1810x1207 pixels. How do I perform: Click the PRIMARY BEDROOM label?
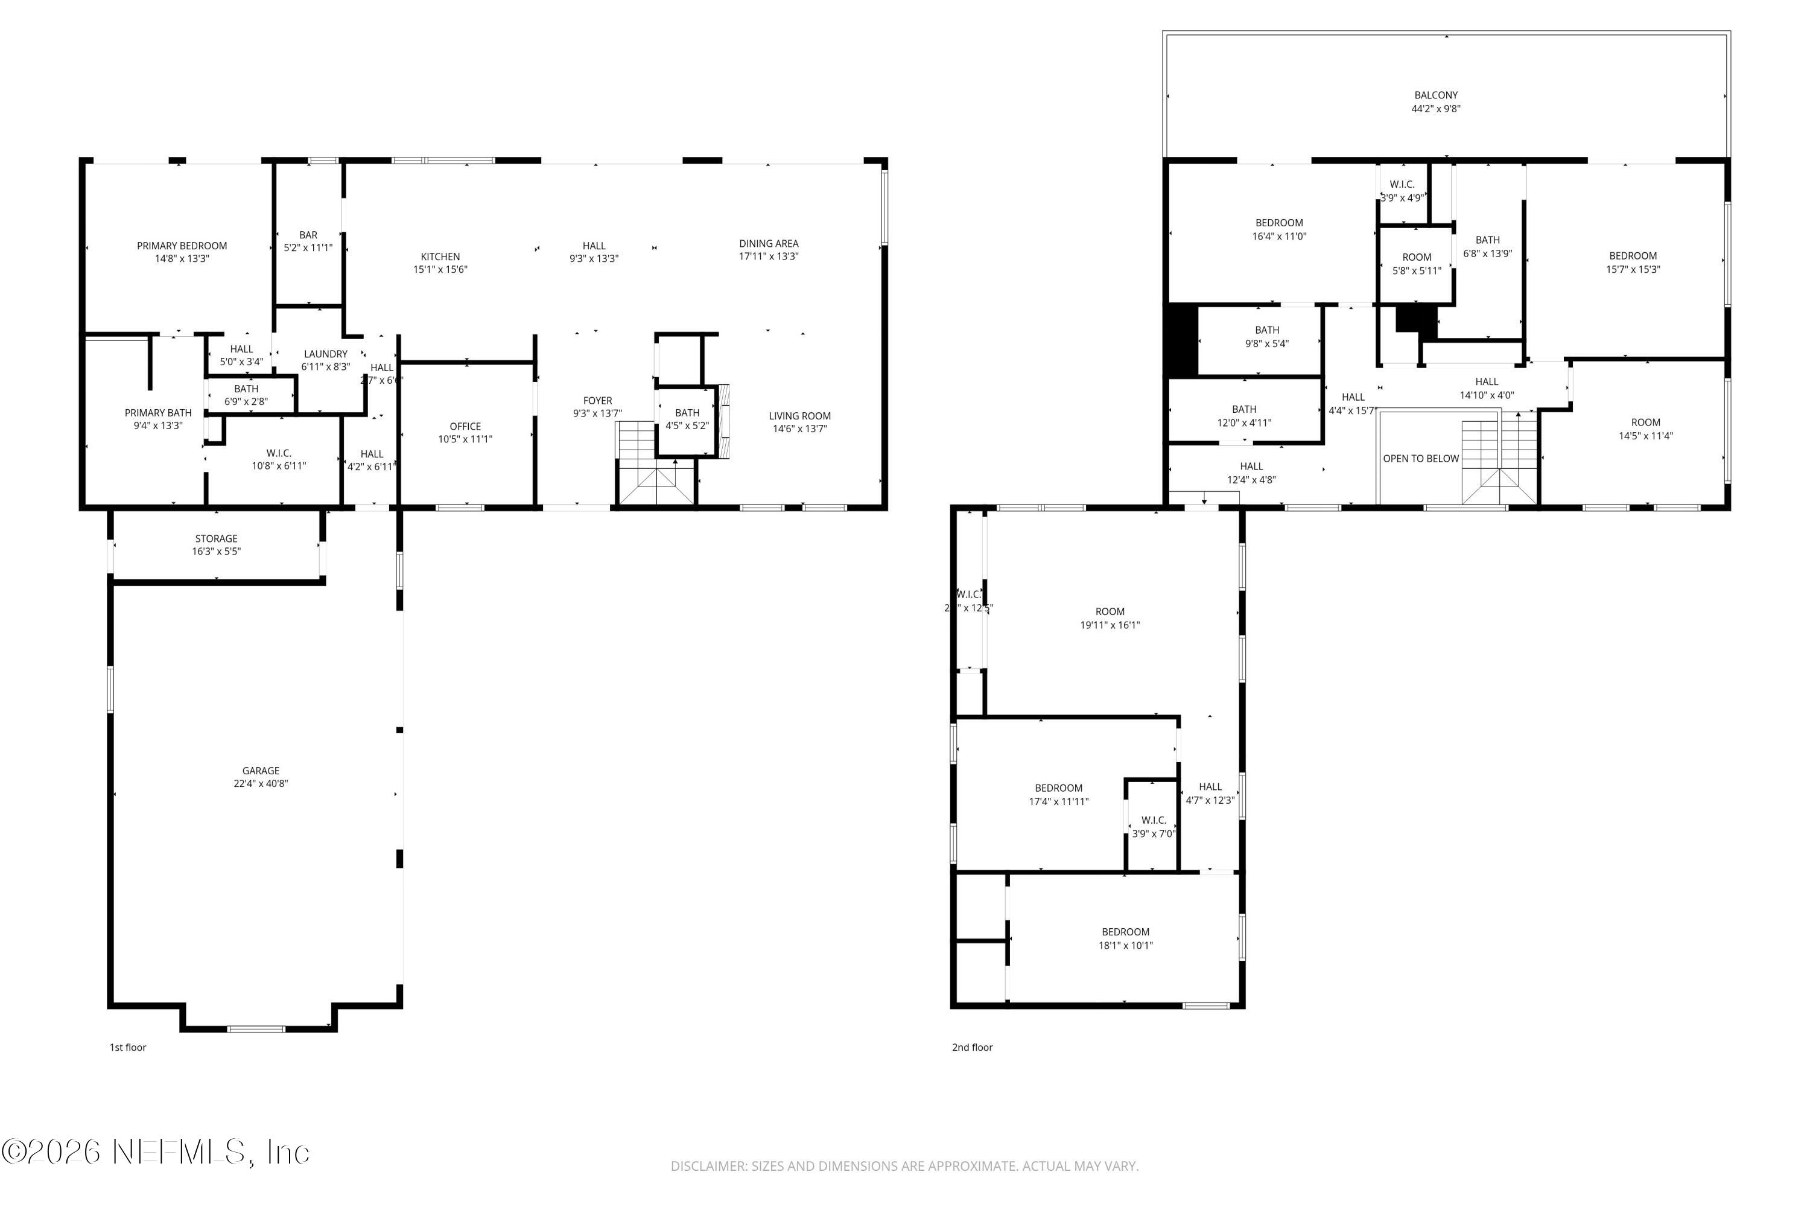[x=182, y=246]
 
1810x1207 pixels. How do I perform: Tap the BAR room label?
[x=308, y=235]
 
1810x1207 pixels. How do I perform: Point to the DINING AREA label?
[x=768, y=244]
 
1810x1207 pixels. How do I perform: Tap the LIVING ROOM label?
[x=799, y=416]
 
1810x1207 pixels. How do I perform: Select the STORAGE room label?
[x=215, y=539]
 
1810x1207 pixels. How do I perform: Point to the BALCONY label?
[x=1435, y=95]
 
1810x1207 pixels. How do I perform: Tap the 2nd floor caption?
[x=971, y=1048]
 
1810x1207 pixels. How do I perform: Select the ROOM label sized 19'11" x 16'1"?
[x=1109, y=612]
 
